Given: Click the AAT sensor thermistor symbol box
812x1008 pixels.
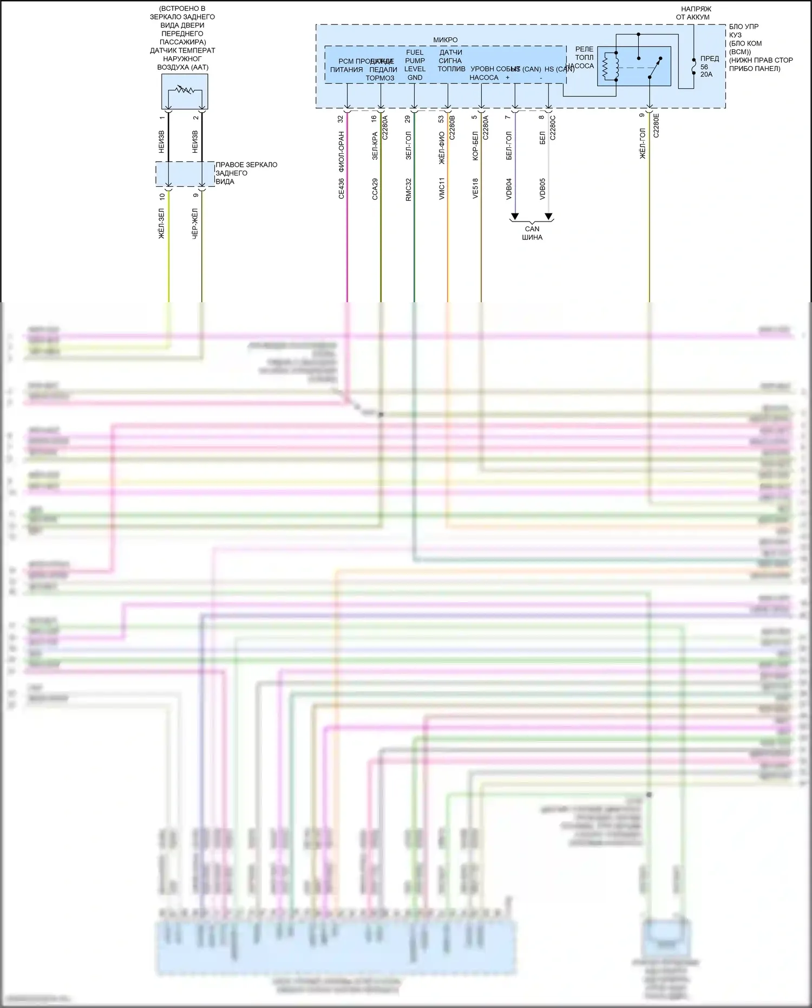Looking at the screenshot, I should coord(185,92).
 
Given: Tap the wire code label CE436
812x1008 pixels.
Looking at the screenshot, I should coord(341,188).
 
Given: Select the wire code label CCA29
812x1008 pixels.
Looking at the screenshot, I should coord(375,189).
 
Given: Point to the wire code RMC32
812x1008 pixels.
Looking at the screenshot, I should coord(408,189).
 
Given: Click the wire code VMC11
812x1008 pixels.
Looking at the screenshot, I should coord(442,188).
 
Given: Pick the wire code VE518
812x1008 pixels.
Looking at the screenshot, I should coord(475,188).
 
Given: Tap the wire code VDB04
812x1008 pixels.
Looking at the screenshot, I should coord(509,188).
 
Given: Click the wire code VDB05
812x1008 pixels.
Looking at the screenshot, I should coord(542,188).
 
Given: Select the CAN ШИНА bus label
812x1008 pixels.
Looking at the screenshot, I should coord(532,233).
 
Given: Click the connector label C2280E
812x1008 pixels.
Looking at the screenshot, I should coord(656,125).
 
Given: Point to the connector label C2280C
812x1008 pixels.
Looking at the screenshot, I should coord(553,128).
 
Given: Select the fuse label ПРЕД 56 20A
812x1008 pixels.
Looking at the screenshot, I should coord(709,66).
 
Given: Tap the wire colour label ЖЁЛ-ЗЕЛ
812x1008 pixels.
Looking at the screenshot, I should coord(161,223).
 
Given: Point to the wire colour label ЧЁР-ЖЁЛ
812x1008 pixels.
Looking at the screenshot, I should coord(195,223).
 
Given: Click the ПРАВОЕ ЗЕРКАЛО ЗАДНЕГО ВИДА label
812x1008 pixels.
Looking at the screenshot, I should coord(246,173).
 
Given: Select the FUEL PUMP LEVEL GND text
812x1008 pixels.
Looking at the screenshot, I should coord(415,65).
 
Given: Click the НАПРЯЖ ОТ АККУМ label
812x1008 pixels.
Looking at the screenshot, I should coord(696,13).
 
